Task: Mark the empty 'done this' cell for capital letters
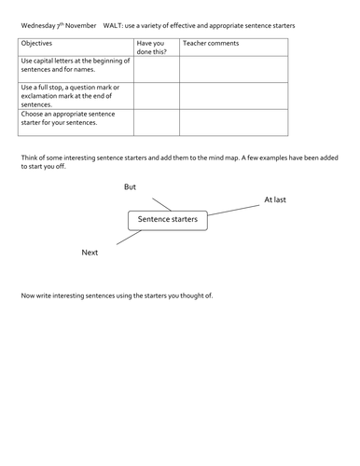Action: pyautogui.click(x=156, y=69)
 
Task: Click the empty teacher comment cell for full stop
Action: pyautogui.click(x=234, y=96)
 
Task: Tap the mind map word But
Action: pyautogui.click(x=130, y=187)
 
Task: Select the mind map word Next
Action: pyautogui.click(x=90, y=252)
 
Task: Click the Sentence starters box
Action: pyautogui.click(x=167, y=221)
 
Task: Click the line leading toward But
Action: pyautogui.click(x=160, y=203)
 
